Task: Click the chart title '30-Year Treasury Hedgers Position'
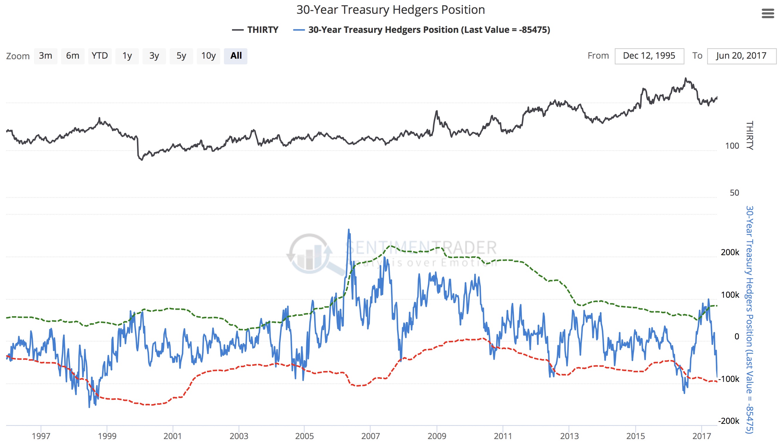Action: pyautogui.click(x=390, y=10)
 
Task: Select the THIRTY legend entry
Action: pyautogui.click(x=255, y=30)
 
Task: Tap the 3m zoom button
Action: pyautogui.click(x=45, y=56)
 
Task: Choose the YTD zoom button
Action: pyautogui.click(x=100, y=56)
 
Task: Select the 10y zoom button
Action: pyautogui.click(x=208, y=56)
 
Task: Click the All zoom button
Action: pyautogui.click(x=236, y=56)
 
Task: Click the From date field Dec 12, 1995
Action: pyautogui.click(x=649, y=56)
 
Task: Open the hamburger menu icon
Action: pyautogui.click(x=768, y=13)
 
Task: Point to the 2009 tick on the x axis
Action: pyautogui.click(x=436, y=436)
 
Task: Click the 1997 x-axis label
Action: pyautogui.click(x=41, y=436)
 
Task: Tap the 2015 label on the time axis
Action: pyautogui.click(x=635, y=436)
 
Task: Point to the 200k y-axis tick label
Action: pyautogui.click(x=730, y=252)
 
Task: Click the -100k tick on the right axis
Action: pyautogui.click(x=729, y=379)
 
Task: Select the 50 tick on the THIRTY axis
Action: pyautogui.click(x=734, y=193)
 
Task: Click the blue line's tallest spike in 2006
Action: pyautogui.click(x=349, y=230)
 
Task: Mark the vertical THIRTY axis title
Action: pyautogui.click(x=750, y=136)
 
